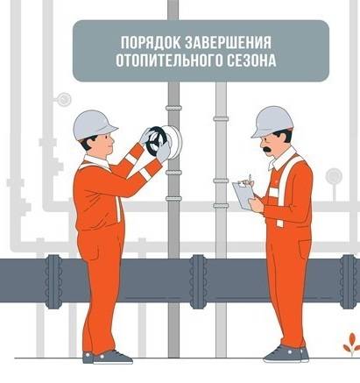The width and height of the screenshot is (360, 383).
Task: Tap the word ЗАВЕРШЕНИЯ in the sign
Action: click(229, 43)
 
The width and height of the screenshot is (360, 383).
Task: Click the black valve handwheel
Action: click(156, 141)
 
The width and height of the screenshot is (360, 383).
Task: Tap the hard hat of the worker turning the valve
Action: click(94, 125)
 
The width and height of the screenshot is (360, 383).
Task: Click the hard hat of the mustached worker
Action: click(272, 122)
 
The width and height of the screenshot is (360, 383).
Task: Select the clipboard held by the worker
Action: click(243, 195)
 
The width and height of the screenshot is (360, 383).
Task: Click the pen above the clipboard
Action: click(250, 180)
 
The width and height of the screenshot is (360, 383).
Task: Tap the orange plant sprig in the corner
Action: click(351, 344)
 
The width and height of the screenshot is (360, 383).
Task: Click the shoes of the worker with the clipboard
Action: click(286, 354)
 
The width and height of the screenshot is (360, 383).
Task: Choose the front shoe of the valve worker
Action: click(112, 358)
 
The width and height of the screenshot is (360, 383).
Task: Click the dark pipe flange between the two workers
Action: click(198, 281)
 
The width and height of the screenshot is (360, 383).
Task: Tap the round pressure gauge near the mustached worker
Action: click(334, 176)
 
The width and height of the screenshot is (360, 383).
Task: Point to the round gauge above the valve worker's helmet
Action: click(64, 100)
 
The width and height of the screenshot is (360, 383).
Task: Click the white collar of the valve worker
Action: click(97, 161)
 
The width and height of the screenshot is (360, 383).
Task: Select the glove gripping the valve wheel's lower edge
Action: click(164, 152)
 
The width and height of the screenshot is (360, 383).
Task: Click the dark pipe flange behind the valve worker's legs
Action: click(53, 281)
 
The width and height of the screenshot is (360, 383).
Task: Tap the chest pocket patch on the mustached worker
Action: click(273, 192)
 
